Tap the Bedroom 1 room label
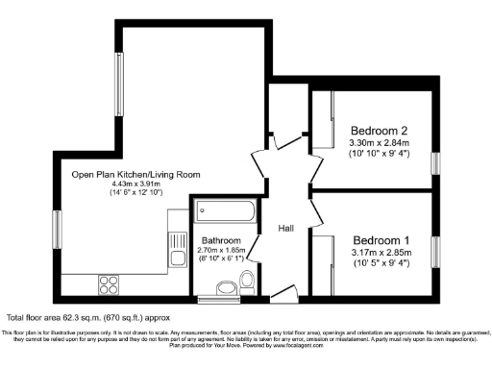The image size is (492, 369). (381, 239)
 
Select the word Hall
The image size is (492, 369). (286, 229)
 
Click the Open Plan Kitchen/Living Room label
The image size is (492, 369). (135, 174)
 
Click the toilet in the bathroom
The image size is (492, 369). (246, 280)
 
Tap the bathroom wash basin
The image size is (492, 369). (225, 286)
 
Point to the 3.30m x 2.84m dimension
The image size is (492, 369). (379, 143)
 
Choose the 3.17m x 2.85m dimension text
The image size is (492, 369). (381, 253)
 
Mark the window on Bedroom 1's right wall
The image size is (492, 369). (435, 250)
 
